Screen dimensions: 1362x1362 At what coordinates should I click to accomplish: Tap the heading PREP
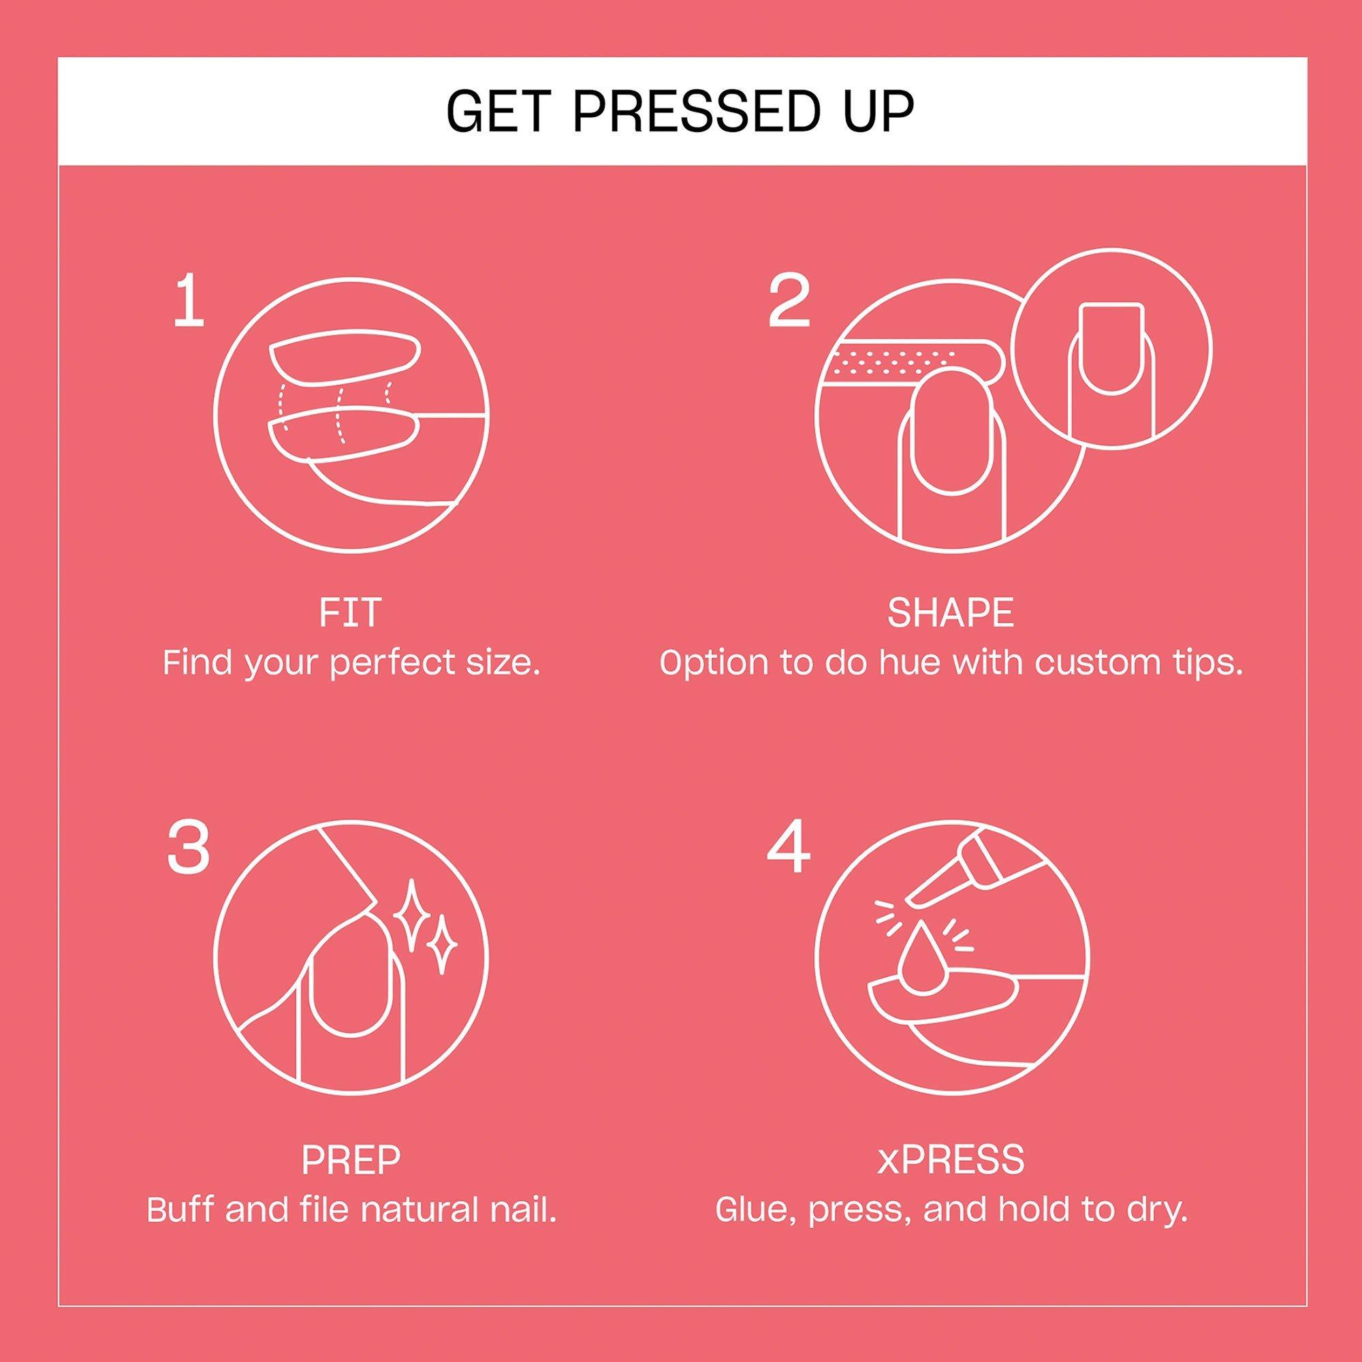[x=350, y=1159]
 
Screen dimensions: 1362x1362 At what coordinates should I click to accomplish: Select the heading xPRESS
[x=951, y=1159]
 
